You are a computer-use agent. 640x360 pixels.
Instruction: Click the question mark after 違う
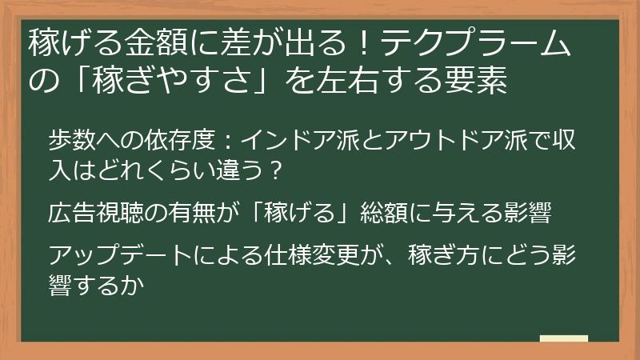(x=274, y=171)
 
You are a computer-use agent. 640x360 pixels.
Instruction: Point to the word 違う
(x=238, y=171)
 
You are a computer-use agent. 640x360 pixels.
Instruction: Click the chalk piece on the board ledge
(x=563, y=338)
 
